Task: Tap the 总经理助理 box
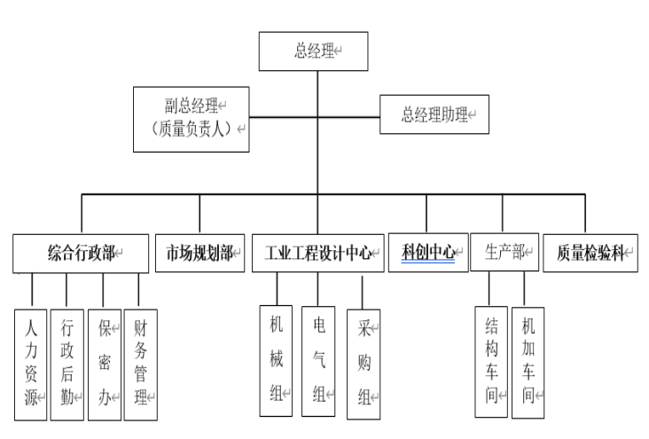[434, 114]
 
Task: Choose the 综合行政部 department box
[81, 253]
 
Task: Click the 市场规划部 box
[199, 253]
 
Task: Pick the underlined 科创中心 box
[428, 253]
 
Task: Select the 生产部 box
[504, 253]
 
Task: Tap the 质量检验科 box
[590, 253]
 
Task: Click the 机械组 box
[276, 360]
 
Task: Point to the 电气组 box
[317, 360]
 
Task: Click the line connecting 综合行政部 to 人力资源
[32, 290]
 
